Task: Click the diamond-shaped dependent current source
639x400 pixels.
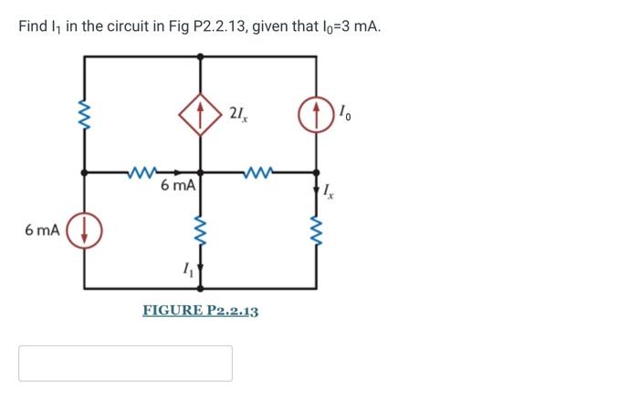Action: pyautogui.click(x=200, y=113)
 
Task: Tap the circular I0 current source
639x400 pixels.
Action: pyautogui.click(x=317, y=114)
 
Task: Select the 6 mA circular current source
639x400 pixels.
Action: pyautogui.click(x=84, y=230)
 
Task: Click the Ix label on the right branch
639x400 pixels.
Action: pyautogui.click(x=330, y=190)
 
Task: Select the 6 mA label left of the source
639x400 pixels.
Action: pyautogui.click(x=43, y=230)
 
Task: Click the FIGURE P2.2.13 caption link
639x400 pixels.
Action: pyautogui.click(x=200, y=311)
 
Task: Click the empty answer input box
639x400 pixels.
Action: pyautogui.click(x=125, y=363)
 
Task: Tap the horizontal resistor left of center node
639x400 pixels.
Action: pyautogui.click(x=142, y=169)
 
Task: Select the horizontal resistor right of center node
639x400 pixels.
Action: pyautogui.click(x=258, y=169)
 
